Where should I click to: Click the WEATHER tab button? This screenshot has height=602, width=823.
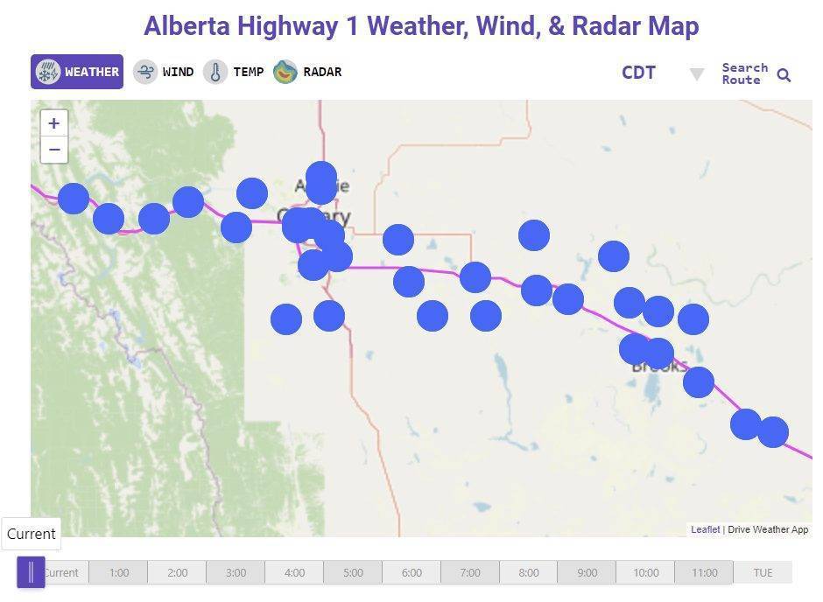tap(77, 72)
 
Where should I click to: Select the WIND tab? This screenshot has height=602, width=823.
tap(164, 72)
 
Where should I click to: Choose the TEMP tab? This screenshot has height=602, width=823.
tap(234, 72)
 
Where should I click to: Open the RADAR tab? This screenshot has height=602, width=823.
tap(307, 72)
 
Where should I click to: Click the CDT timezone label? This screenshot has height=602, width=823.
tap(638, 73)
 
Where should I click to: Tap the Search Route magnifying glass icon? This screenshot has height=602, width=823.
tap(784, 75)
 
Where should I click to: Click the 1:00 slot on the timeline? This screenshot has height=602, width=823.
tap(119, 573)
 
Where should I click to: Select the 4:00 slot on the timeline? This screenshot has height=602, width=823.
tap(295, 573)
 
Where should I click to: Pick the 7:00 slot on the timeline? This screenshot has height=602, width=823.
tap(470, 573)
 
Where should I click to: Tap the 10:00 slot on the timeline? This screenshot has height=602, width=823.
tap(646, 573)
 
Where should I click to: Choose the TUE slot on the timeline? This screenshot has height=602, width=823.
tap(763, 573)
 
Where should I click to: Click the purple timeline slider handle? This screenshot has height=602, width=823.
tap(31, 572)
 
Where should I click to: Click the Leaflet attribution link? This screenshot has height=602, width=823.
tap(705, 529)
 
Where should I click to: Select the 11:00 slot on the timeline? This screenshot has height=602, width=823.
tap(705, 573)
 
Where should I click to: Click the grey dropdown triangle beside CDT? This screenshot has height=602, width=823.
tap(697, 74)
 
